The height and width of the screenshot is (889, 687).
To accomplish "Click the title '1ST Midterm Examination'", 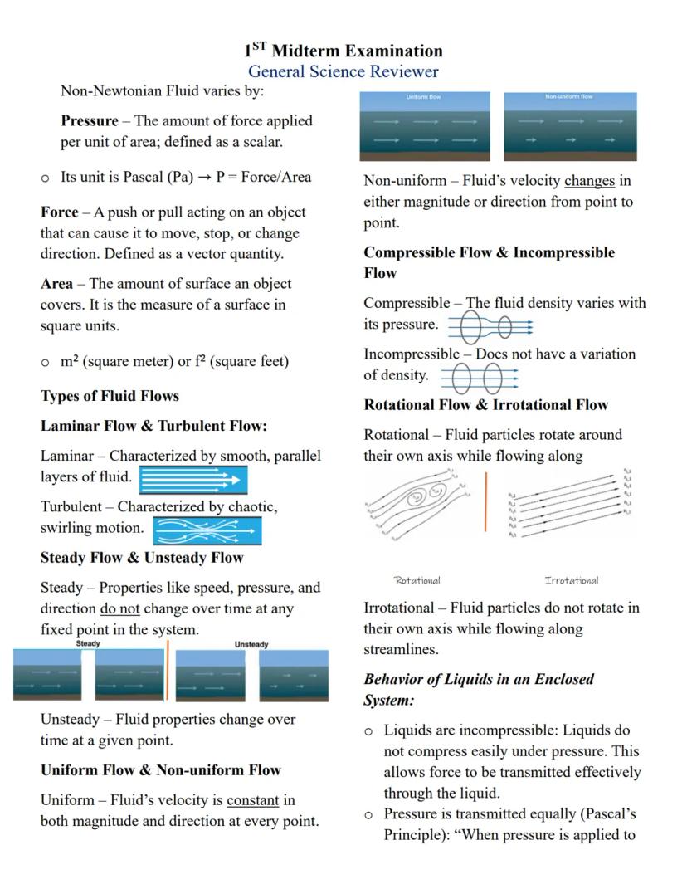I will point(343,51).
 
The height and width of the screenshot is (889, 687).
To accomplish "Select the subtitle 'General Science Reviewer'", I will point(343,72).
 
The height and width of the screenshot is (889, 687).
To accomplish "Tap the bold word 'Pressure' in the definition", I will point(90,121).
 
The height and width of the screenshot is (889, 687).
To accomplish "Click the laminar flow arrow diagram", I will point(192,479).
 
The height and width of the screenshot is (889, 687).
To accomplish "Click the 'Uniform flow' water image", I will point(425,126).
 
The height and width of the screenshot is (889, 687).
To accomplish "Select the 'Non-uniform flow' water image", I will point(570,126).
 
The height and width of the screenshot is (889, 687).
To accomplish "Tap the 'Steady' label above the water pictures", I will point(88,644).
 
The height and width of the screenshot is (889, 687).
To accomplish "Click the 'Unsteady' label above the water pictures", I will point(251,645).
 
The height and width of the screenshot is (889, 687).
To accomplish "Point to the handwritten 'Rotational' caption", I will point(417,580).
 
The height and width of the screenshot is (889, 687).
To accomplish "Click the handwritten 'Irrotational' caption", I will point(571,580).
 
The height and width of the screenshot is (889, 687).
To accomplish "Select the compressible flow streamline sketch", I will point(490,327).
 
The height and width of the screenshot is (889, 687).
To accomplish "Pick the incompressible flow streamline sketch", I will point(480,379).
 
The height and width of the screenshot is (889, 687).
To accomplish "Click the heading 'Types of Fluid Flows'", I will point(110,396).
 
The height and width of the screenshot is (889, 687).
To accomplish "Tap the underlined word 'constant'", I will point(252,800).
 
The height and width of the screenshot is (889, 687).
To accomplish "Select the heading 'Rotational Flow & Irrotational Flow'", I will point(485,405).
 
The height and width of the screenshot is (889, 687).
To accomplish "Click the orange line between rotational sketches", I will point(486,501).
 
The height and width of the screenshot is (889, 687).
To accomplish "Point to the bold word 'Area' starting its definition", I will point(56,284).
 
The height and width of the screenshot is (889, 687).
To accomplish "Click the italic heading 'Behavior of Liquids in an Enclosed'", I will point(479,679).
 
